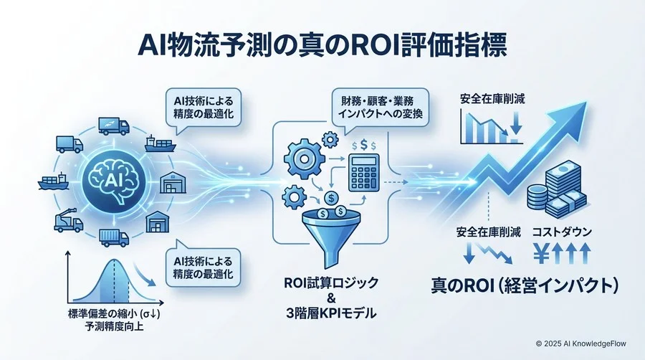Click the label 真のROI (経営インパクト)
click(x=525, y=283)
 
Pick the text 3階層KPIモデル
click(x=332, y=313)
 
